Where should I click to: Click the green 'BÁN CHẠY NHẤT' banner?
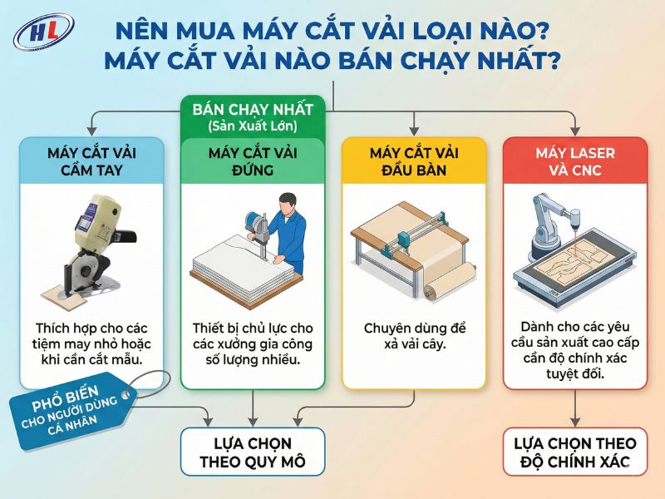click(x=253, y=110)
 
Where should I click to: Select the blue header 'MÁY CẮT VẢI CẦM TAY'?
click(x=91, y=161)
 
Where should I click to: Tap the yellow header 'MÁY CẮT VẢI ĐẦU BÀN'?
click(x=414, y=161)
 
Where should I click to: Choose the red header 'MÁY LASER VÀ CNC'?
click(x=575, y=161)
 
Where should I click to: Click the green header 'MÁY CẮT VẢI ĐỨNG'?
click(x=253, y=161)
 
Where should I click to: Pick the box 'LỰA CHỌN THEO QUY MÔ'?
click(x=252, y=452)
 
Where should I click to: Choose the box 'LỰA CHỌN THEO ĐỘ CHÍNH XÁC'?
click(x=575, y=452)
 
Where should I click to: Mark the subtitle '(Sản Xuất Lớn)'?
click(x=253, y=126)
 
